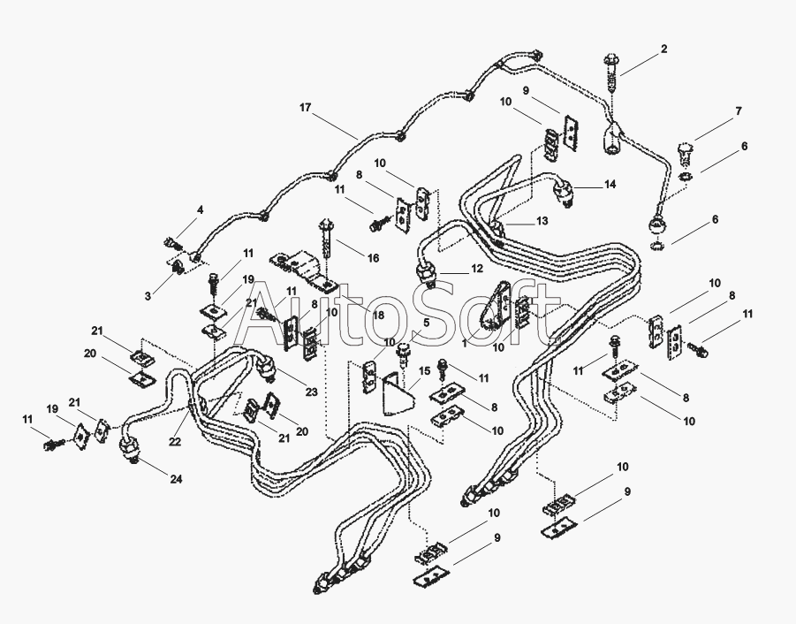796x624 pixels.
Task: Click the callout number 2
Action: click(x=664, y=49)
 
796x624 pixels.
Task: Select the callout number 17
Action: click(x=305, y=108)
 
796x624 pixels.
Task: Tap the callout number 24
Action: click(x=176, y=479)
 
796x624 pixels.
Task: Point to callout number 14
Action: click(x=610, y=184)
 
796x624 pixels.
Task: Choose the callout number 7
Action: click(x=739, y=110)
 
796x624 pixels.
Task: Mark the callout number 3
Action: click(x=148, y=296)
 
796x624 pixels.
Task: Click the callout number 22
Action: click(x=175, y=442)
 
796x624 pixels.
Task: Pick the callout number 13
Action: click(x=542, y=221)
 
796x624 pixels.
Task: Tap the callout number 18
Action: click(x=378, y=315)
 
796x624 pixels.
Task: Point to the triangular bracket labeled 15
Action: click(x=398, y=393)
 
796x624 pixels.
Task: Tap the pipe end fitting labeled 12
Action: click(x=427, y=274)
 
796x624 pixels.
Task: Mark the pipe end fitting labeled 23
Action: click(x=268, y=368)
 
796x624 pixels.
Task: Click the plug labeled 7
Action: click(x=686, y=154)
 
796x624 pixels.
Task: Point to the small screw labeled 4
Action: click(x=173, y=244)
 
